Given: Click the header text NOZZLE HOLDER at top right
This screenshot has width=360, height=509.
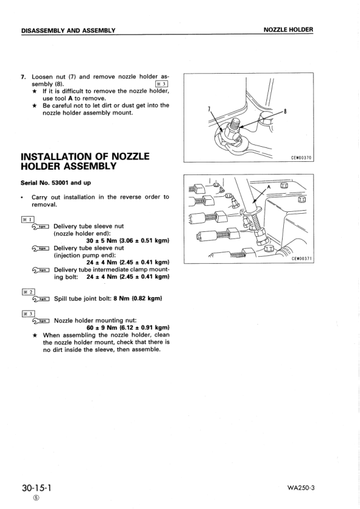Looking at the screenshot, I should tap(288, 30).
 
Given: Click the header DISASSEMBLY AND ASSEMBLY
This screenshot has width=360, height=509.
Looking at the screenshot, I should tap(68, 30).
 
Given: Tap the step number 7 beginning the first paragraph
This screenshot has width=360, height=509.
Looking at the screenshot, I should tap(23, 77).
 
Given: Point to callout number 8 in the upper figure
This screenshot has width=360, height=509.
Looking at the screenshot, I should tap(284, 110).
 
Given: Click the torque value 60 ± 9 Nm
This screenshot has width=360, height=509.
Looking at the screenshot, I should tap(100, 328).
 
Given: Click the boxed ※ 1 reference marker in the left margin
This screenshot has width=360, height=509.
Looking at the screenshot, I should tap(28, 219).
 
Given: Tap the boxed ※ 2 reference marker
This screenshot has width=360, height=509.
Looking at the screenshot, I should tap(28, 291).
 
